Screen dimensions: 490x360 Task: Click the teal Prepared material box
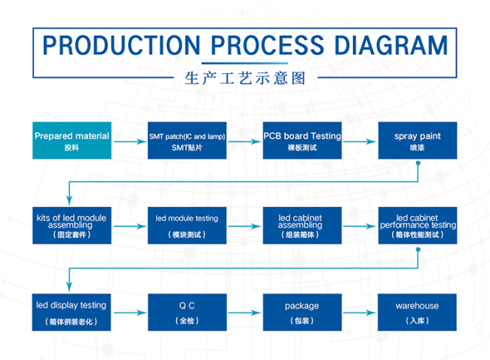coord(72,141)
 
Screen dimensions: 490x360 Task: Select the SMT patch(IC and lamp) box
coord(187,141)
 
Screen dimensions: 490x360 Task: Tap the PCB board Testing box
coord(302,141)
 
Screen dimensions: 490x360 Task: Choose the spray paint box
coord(418,141)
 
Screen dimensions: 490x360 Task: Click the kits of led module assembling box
coord(72,225)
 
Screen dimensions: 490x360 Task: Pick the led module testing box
coord(187,225)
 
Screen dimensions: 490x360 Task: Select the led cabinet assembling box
coord(302,225)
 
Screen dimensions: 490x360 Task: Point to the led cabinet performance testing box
coord(418,225)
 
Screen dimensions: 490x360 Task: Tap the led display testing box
coord(72,313)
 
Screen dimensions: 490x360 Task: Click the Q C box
coord(187,313)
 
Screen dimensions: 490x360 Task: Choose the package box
coord(302,313)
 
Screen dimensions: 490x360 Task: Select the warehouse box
coord(417,313)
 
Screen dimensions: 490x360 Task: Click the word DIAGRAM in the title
coord(391,45)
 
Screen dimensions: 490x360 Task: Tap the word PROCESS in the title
coord(268,45)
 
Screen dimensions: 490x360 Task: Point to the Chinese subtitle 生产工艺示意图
coord(245,78)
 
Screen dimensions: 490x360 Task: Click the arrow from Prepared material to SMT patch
coord(130,142)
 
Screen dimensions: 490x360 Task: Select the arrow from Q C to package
coord(245,313)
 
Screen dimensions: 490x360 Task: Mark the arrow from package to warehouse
coord(360,313)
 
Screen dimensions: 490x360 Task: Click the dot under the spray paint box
coord(418,163)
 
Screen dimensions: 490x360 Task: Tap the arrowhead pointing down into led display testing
coord(69,287)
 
